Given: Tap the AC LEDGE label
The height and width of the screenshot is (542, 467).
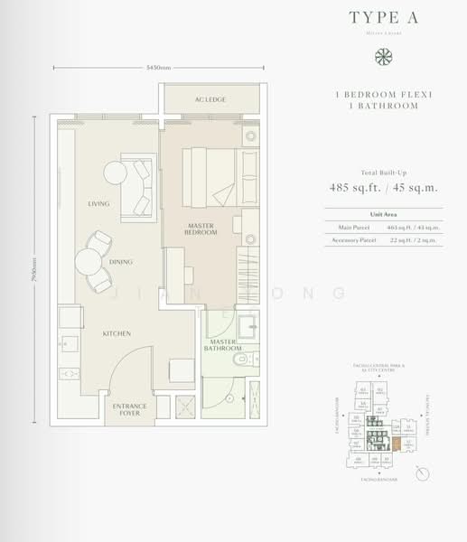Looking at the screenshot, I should tap(210, 99).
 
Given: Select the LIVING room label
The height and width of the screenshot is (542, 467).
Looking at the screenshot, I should tap(99, 203).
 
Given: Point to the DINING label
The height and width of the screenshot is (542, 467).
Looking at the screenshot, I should tap(121, 262).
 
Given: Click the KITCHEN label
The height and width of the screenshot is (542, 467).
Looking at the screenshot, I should tap(117, 333).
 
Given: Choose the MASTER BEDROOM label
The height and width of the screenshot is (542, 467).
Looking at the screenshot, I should tap(202, 229).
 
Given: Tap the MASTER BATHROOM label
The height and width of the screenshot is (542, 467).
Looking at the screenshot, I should tap(226, 344).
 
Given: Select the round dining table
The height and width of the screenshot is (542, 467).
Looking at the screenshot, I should tap(89, 262).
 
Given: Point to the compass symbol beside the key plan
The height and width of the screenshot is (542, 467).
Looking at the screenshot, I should tap(422, 474).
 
